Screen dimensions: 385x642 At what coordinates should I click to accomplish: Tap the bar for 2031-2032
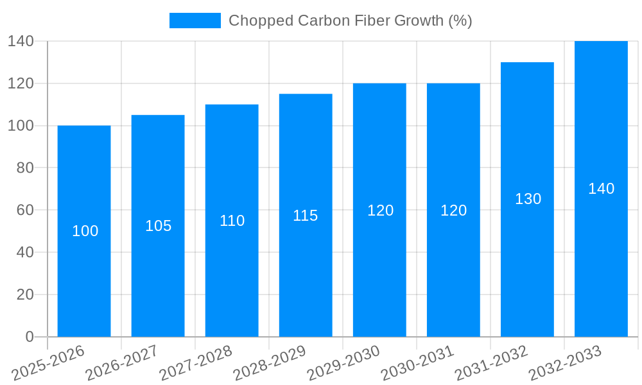click(x=527, y=257)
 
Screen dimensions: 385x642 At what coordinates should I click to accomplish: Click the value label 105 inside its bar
click(x=158, y=226)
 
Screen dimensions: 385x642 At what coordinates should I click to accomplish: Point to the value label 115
click(x=306, y=216)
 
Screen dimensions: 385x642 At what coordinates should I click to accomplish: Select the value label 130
click(x=528, y=199)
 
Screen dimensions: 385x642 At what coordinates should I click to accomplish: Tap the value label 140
click(x=601, y=189)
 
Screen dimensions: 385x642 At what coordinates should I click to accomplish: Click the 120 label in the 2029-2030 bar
click(x=380, y=210)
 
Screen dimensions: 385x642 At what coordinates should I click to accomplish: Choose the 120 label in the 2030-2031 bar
click(x=453, y=210)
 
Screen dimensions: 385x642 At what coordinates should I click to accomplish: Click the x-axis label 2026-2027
click(x=122, y=363)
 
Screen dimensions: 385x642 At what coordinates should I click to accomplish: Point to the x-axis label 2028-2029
click(x=270, y=363)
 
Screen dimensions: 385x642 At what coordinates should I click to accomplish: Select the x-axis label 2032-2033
click(x=565, y=363)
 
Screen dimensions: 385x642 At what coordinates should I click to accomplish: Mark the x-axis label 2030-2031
click(x=417, y=363)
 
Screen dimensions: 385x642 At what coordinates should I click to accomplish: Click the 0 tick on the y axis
click(x=29, y=337)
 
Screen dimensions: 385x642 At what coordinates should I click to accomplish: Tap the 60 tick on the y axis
click(x=25, y=210)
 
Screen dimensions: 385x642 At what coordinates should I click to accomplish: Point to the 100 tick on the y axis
click(x=21, y=126)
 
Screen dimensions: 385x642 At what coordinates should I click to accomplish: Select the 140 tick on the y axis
click(x=21, y=41)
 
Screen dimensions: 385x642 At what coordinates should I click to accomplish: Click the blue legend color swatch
click(x=195, y=21)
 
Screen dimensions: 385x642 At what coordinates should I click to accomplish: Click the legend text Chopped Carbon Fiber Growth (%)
click(x=350, y=21)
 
